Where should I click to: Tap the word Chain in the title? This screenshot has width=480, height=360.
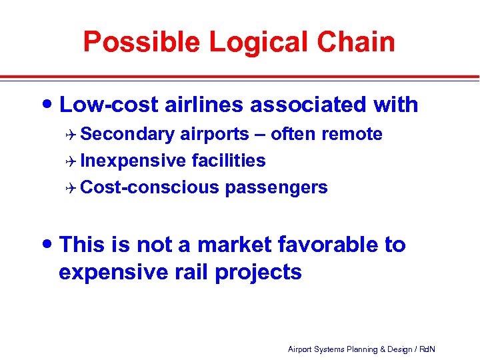click(x=357, y=42)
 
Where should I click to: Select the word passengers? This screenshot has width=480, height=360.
click(x=276, y=188)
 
